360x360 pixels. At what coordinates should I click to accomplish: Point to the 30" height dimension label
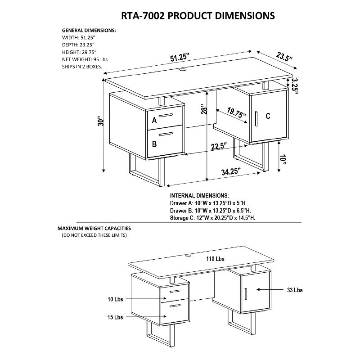pyautogui.click(x=103, y=121)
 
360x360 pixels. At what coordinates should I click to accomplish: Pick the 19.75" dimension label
pyautogui.click(x=235, y=113)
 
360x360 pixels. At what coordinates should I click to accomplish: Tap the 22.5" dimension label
pyautogui.click(x=217, y=146)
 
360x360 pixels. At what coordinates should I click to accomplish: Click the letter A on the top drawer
pyautogui.click(x=154, y=120)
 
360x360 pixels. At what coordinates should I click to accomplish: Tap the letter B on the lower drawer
pyautogui.click(x=154, y=144)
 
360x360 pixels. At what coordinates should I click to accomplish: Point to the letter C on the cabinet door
pyautogui.click(x=268, y=116)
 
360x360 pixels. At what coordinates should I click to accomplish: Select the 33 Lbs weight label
pyautogui.click(x=294, y=290)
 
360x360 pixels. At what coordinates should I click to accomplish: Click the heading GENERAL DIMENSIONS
pyautogui.click(x=89, y=30)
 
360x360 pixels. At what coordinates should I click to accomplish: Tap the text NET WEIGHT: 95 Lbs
pyautogui.click(x=85, y=59)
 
